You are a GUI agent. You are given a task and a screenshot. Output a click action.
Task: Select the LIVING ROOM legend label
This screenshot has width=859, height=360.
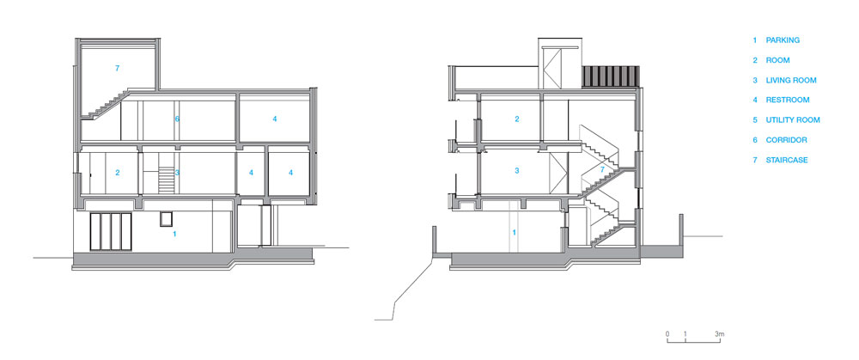790,80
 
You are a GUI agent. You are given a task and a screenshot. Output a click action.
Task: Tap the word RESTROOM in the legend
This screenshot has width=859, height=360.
788,100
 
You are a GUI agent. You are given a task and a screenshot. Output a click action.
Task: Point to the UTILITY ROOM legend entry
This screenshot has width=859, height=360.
793,119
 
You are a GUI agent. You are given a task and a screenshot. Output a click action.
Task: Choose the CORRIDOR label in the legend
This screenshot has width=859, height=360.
786,139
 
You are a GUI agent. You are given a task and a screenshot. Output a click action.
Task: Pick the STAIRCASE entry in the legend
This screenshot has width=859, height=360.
787,160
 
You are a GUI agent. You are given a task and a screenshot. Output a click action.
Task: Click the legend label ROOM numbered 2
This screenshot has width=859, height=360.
778,60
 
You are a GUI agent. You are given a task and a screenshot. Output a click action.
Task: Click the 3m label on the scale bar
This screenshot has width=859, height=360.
720,333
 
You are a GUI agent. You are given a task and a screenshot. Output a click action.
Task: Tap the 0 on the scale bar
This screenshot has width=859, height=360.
667,333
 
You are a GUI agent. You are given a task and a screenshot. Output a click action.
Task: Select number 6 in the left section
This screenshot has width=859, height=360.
176,119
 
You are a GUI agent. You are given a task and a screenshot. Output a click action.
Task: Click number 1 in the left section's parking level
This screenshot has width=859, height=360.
175,234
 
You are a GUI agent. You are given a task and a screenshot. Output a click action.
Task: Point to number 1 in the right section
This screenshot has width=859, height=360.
515,232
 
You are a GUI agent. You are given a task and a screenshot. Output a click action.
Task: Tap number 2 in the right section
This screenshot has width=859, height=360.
516,119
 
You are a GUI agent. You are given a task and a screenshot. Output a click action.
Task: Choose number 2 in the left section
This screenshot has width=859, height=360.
118,173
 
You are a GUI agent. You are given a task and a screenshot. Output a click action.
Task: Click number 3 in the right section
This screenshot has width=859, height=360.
516,171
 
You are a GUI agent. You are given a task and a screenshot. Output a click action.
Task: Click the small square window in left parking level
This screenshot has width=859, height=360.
164,219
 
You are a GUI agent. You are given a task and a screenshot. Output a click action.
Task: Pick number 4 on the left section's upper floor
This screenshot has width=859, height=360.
275,119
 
